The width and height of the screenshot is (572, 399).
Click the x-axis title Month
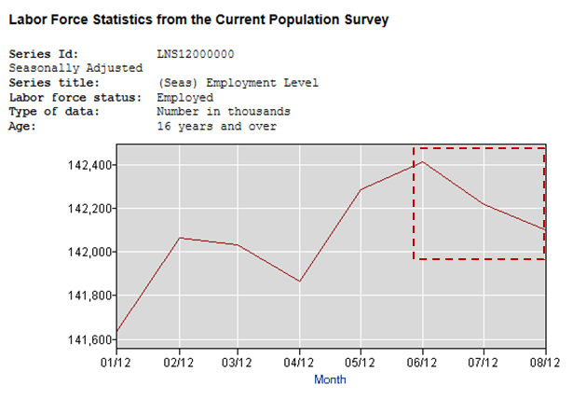(x=330, y=379)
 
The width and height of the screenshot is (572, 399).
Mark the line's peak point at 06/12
(x=422, y=162)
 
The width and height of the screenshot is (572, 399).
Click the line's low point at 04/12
(x=300, y=281)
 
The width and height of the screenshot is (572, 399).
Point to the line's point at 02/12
(x=179, y=238)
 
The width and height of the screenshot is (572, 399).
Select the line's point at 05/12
(x=361, y=190)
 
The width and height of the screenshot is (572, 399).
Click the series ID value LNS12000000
(x=196, y=54)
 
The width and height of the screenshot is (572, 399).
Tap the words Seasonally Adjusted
(x=75, y=68)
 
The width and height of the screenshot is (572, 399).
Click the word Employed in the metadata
(x=184, y=97)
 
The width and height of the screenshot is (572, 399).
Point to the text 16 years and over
(x=217, y=126)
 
